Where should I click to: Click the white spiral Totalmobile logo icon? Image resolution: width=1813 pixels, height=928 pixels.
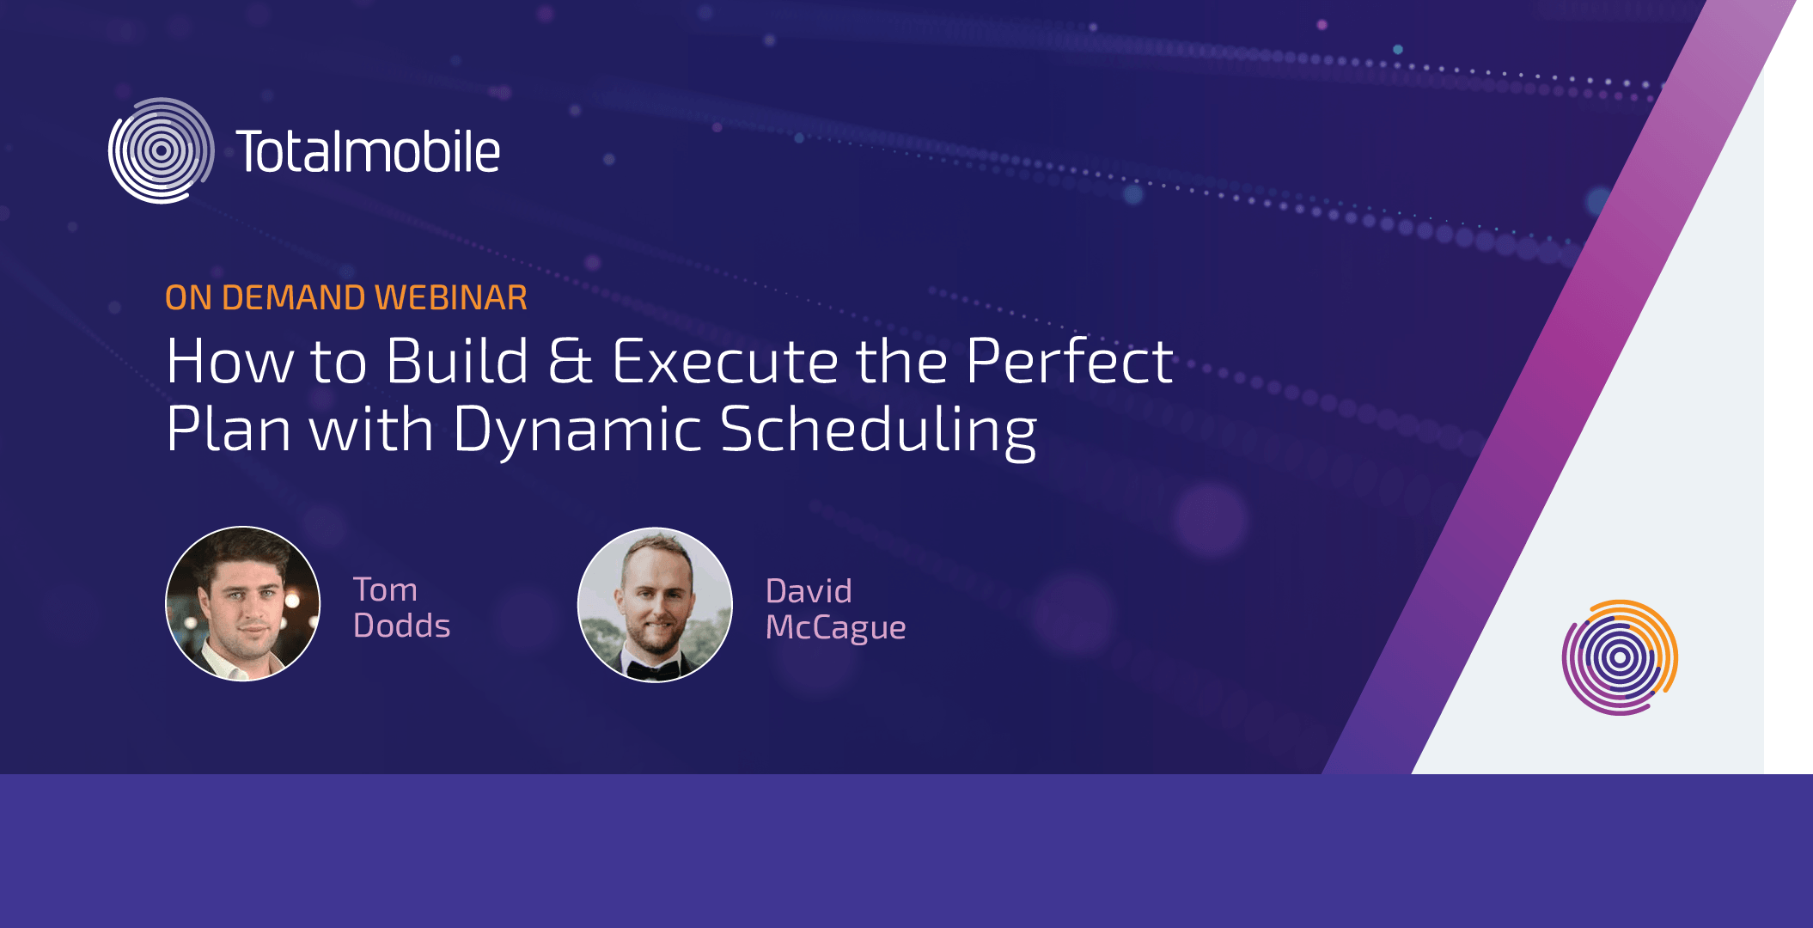[x=161, y=150]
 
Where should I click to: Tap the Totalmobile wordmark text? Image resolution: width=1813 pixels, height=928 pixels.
[x=368, y=151]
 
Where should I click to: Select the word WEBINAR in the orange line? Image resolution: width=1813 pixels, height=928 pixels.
[x=451, y=297]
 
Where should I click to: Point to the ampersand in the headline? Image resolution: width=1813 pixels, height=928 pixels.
[x=570, y=361]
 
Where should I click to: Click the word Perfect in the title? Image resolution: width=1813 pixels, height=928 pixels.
[x=1069, y=361]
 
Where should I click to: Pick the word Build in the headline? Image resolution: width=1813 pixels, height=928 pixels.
[x=457, y=361]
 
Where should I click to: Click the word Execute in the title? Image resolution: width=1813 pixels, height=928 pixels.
[x=725, y=361]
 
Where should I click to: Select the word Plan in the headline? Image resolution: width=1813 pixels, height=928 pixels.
[x=229, y=429]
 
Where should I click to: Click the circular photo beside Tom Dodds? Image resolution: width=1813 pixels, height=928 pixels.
[x=243, y=604]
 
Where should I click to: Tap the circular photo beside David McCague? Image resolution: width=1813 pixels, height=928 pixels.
[x=656, y=605]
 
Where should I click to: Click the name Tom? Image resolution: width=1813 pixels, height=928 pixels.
[x=385, y=590]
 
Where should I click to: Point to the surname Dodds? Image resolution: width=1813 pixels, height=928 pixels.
[x=402, y=626]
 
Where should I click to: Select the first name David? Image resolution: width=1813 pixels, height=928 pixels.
[x=809, y=591]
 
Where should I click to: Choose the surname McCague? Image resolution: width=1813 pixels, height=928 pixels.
[x=836, y=628]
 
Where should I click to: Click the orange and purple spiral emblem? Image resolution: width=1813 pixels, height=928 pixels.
[x=1620, y=657]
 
